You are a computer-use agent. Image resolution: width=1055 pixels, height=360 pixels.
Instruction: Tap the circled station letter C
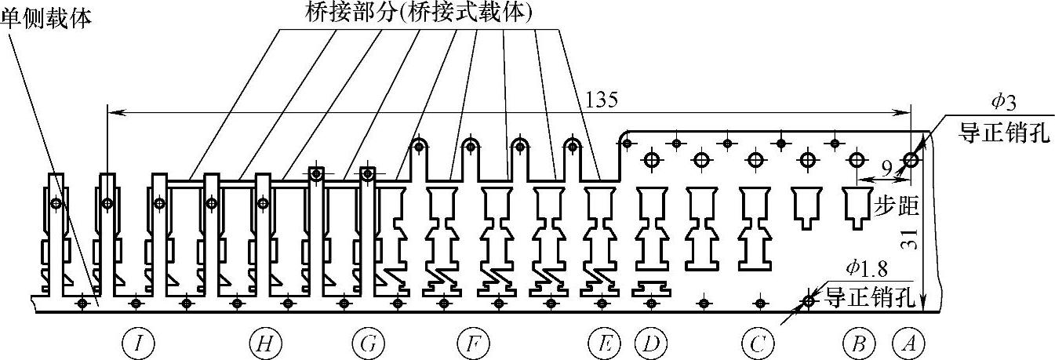pyautogui.click(x=757, y=342)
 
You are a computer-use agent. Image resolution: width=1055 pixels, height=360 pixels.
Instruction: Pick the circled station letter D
pyautogui.click(x=650, y=342)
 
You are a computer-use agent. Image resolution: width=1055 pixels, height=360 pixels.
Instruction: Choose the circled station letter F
pyautogui.click(x=473, y=342)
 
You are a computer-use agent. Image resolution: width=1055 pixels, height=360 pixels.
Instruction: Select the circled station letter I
pyautogui.click(x=138, y=342)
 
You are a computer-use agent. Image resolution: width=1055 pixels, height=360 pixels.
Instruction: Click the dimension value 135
pyautogui.click(x=601, y=100)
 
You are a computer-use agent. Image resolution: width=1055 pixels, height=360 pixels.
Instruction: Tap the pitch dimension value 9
pyautogui.click(x=886, y=168)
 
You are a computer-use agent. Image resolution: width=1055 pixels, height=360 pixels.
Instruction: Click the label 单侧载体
pyautogui.click(x=45, y=16)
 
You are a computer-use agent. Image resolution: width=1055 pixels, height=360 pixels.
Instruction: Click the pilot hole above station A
pyautogui.click(x=911, y=160)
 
